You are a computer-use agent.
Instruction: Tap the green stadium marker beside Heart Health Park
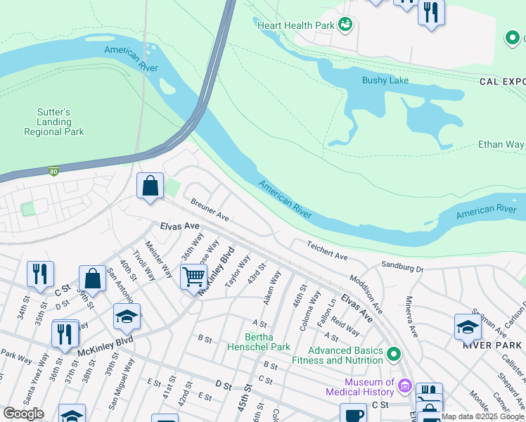(x=345, y=25)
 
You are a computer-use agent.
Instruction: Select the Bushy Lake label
(x=385, y=80)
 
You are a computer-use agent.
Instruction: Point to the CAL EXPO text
(x=502, y=82)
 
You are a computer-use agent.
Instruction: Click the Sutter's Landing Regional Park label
(x=54, y=122)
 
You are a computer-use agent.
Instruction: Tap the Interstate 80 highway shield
(x=53, y=170)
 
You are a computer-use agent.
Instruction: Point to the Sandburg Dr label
(x=402, y=267)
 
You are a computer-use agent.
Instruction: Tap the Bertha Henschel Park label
(x=259, y=342)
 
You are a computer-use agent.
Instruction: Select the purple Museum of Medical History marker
(x=404, y=385)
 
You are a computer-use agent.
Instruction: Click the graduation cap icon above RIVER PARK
(x=468, y=326)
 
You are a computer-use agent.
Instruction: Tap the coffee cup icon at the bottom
(x=353, y=414)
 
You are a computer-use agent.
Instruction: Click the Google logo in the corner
(x=23, y=413)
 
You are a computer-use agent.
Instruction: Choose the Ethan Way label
(x=500, y=145)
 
